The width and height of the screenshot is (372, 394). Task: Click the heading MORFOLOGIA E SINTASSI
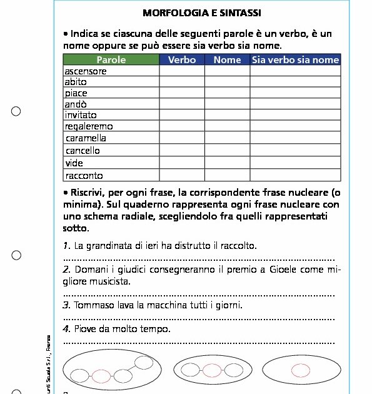coord(201,13)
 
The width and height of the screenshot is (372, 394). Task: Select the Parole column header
coord(111,60)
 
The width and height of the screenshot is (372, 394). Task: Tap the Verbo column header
coord(182,60)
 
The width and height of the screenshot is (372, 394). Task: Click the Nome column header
coord(227,60)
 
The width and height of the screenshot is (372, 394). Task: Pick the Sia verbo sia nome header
coord(295,60)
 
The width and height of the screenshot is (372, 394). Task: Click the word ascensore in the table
coord(86,71)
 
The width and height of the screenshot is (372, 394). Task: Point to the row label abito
coord(76,82)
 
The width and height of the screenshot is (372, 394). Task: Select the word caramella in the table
coord(86,138)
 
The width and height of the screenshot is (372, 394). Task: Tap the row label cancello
coord(83,151)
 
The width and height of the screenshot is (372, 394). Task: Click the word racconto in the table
coord(84,176)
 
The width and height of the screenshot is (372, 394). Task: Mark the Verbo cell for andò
coord(182,104)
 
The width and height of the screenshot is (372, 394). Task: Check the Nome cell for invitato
coord(227,115)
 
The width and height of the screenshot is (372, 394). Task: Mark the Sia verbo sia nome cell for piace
coord(295,93)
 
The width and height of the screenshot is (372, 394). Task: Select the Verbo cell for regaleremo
coord(182,126)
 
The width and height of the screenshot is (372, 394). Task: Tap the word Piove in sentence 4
coord(85,329)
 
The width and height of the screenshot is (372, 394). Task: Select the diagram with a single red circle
coord(301,370)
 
